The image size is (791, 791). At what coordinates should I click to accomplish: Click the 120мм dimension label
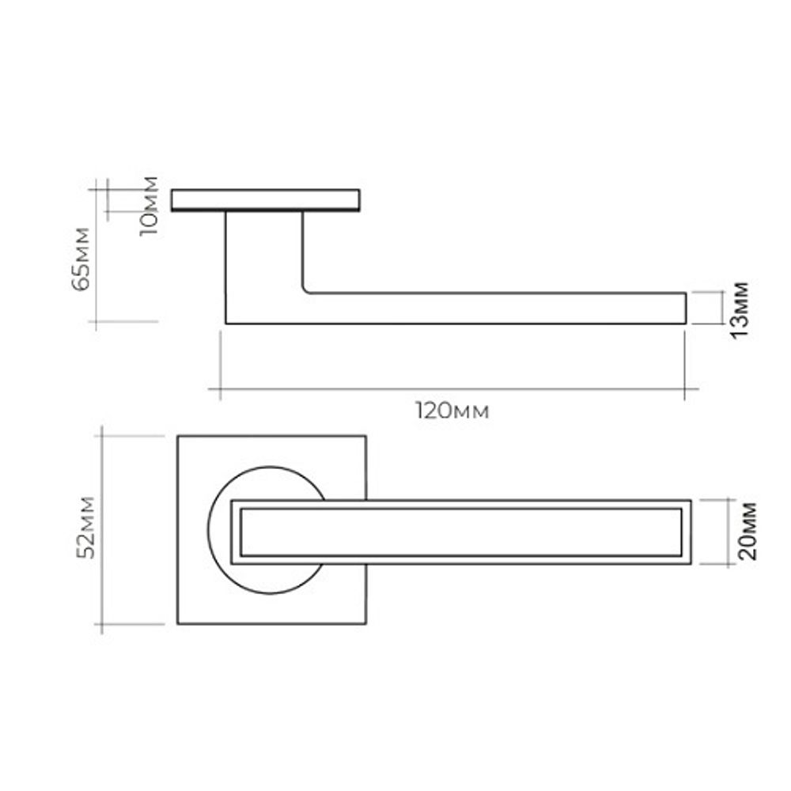click(451, 411)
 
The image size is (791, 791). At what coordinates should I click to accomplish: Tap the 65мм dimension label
click(81, 258)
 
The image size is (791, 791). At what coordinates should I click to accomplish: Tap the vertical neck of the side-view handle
click(263, 253)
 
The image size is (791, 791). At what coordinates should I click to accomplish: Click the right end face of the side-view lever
click(686, 308)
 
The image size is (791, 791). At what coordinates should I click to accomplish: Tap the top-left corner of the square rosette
click(178, 436)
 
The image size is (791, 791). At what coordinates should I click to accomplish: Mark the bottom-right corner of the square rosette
click(366, 624)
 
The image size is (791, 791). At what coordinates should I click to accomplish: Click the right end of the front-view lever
click(691, 532)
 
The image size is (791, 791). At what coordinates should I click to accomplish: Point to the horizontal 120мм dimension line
click(451, 389)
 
